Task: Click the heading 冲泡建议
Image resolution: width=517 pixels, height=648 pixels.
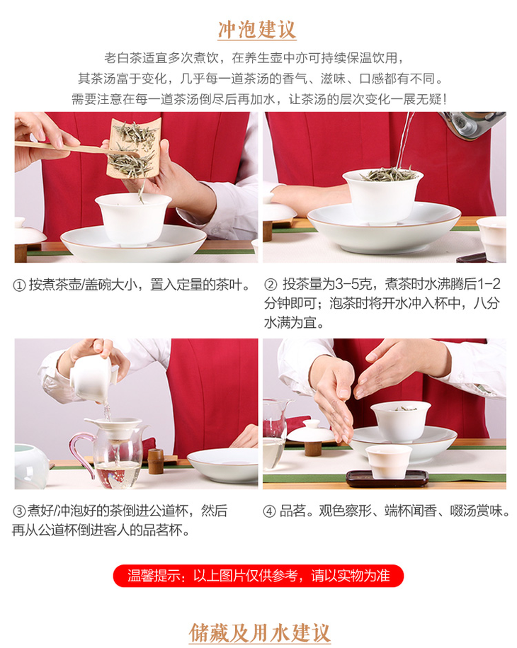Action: pos(257,30)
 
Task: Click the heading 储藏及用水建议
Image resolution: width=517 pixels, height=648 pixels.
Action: pos(259,632)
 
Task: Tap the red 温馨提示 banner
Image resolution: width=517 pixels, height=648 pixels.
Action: pos(258,576)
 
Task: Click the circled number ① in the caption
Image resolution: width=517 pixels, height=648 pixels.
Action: pos(19,285)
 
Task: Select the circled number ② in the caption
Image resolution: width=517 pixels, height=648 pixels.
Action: pos(271,285)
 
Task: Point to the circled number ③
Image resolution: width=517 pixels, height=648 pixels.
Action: pos(19,511)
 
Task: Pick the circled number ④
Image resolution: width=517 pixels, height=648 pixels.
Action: pos(269,511)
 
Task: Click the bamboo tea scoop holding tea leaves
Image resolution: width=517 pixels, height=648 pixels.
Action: pos(133,149)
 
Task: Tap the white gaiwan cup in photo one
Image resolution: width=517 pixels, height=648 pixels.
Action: pos(133,219)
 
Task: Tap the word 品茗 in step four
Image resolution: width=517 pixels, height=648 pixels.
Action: pos(293,511)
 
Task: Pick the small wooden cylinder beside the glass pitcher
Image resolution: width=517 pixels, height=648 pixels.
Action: pos(156,461)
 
